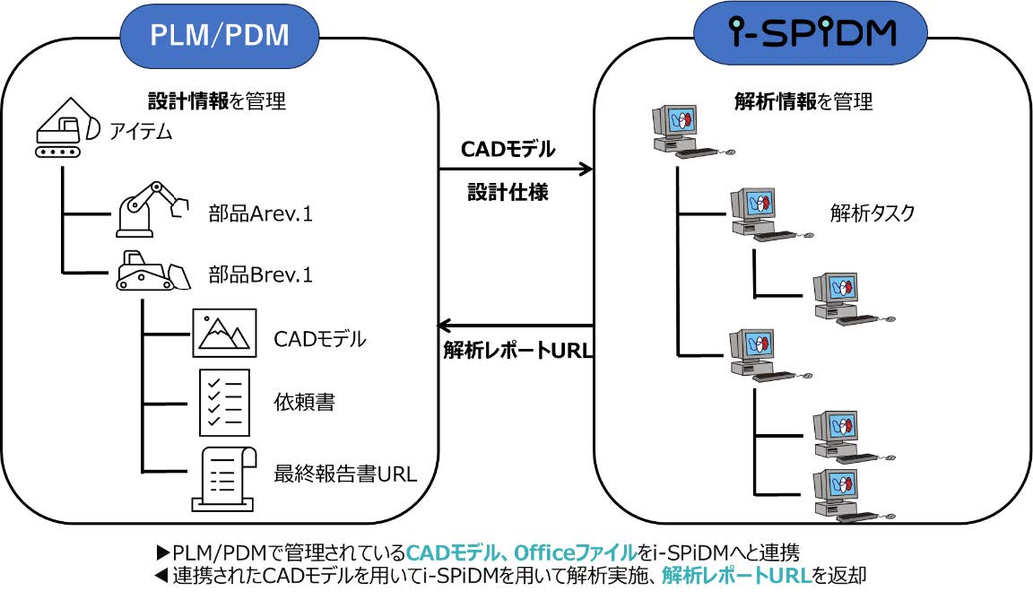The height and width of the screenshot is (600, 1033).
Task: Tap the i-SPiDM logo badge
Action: pyautogui.click(x=811, y=33)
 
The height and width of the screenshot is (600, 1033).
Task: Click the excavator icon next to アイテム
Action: pyautogui.click(x=65, y=127)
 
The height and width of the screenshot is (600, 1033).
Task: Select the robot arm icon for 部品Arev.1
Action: pyautogui.click(x=152, y=209)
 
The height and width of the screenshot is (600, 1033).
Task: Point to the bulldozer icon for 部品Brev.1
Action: pyautogui.click(x=152, y=271)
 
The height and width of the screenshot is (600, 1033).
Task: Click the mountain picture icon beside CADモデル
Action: pyautogui.click(x=224, y=333)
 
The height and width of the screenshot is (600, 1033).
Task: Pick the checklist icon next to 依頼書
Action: pyautogui.click(x=225, y=403)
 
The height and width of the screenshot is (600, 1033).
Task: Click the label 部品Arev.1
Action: pyautogui.click(x=260, y=213)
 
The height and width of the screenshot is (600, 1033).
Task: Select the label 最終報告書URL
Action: pyautogui.click(x=345, y=474)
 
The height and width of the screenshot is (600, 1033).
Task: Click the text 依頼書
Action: pyautogui.click(x=304, y=402)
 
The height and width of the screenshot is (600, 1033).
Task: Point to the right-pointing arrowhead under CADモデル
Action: pyautogui.click(x=585, y=170)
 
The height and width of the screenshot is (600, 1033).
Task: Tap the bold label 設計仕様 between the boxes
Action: pyautogui.click(x=508, y=192)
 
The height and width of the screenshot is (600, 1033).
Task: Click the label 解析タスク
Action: pyautogui.click(x=872, y=213)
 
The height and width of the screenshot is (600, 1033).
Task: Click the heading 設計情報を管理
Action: pyautogui.click(x=217, y=100)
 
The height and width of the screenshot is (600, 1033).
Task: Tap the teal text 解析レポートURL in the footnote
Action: pyautogui.click(x=736, y=575)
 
